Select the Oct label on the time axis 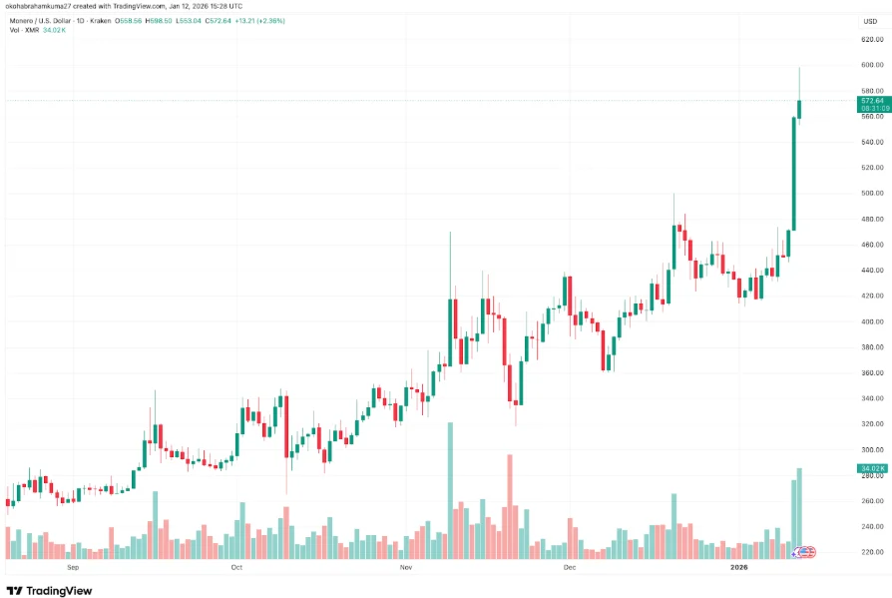click(236, 567)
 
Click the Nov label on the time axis click(405, 567)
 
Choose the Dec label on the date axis click(570, 567)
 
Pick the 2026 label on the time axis click(738, 567)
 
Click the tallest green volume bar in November click(450, 489)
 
